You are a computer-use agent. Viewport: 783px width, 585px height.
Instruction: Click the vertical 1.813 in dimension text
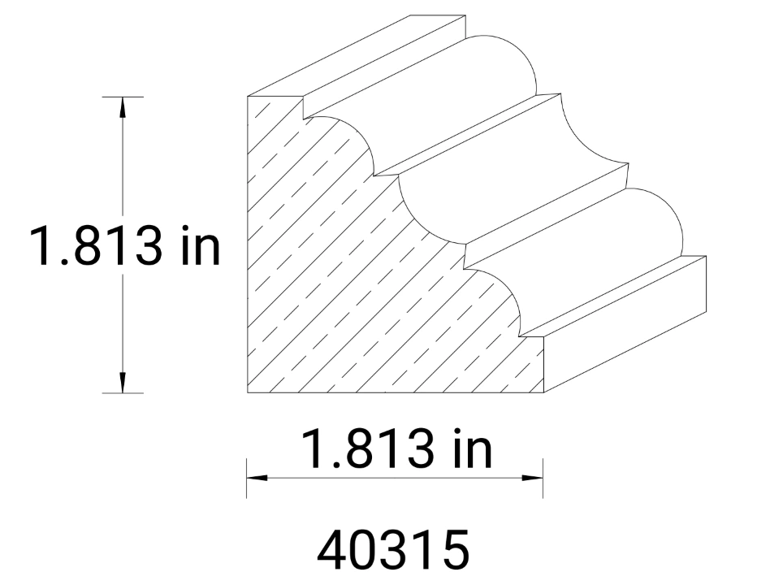point(124,245)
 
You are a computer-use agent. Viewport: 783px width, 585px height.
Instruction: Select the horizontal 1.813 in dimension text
point(396,448)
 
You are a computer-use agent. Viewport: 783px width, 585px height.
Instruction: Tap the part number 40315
point(393,550)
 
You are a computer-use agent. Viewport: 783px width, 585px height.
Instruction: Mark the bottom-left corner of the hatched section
point(248,392)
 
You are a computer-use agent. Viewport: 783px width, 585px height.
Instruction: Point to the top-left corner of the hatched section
point(248,97)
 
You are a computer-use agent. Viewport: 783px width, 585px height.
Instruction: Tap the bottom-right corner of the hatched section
point(543,392)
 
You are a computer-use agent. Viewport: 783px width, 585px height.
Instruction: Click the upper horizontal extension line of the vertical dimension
point(123,97)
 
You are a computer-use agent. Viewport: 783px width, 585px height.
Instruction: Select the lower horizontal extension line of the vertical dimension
point(123,393)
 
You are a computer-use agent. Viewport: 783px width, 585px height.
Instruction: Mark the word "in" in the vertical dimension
point(199,245)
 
